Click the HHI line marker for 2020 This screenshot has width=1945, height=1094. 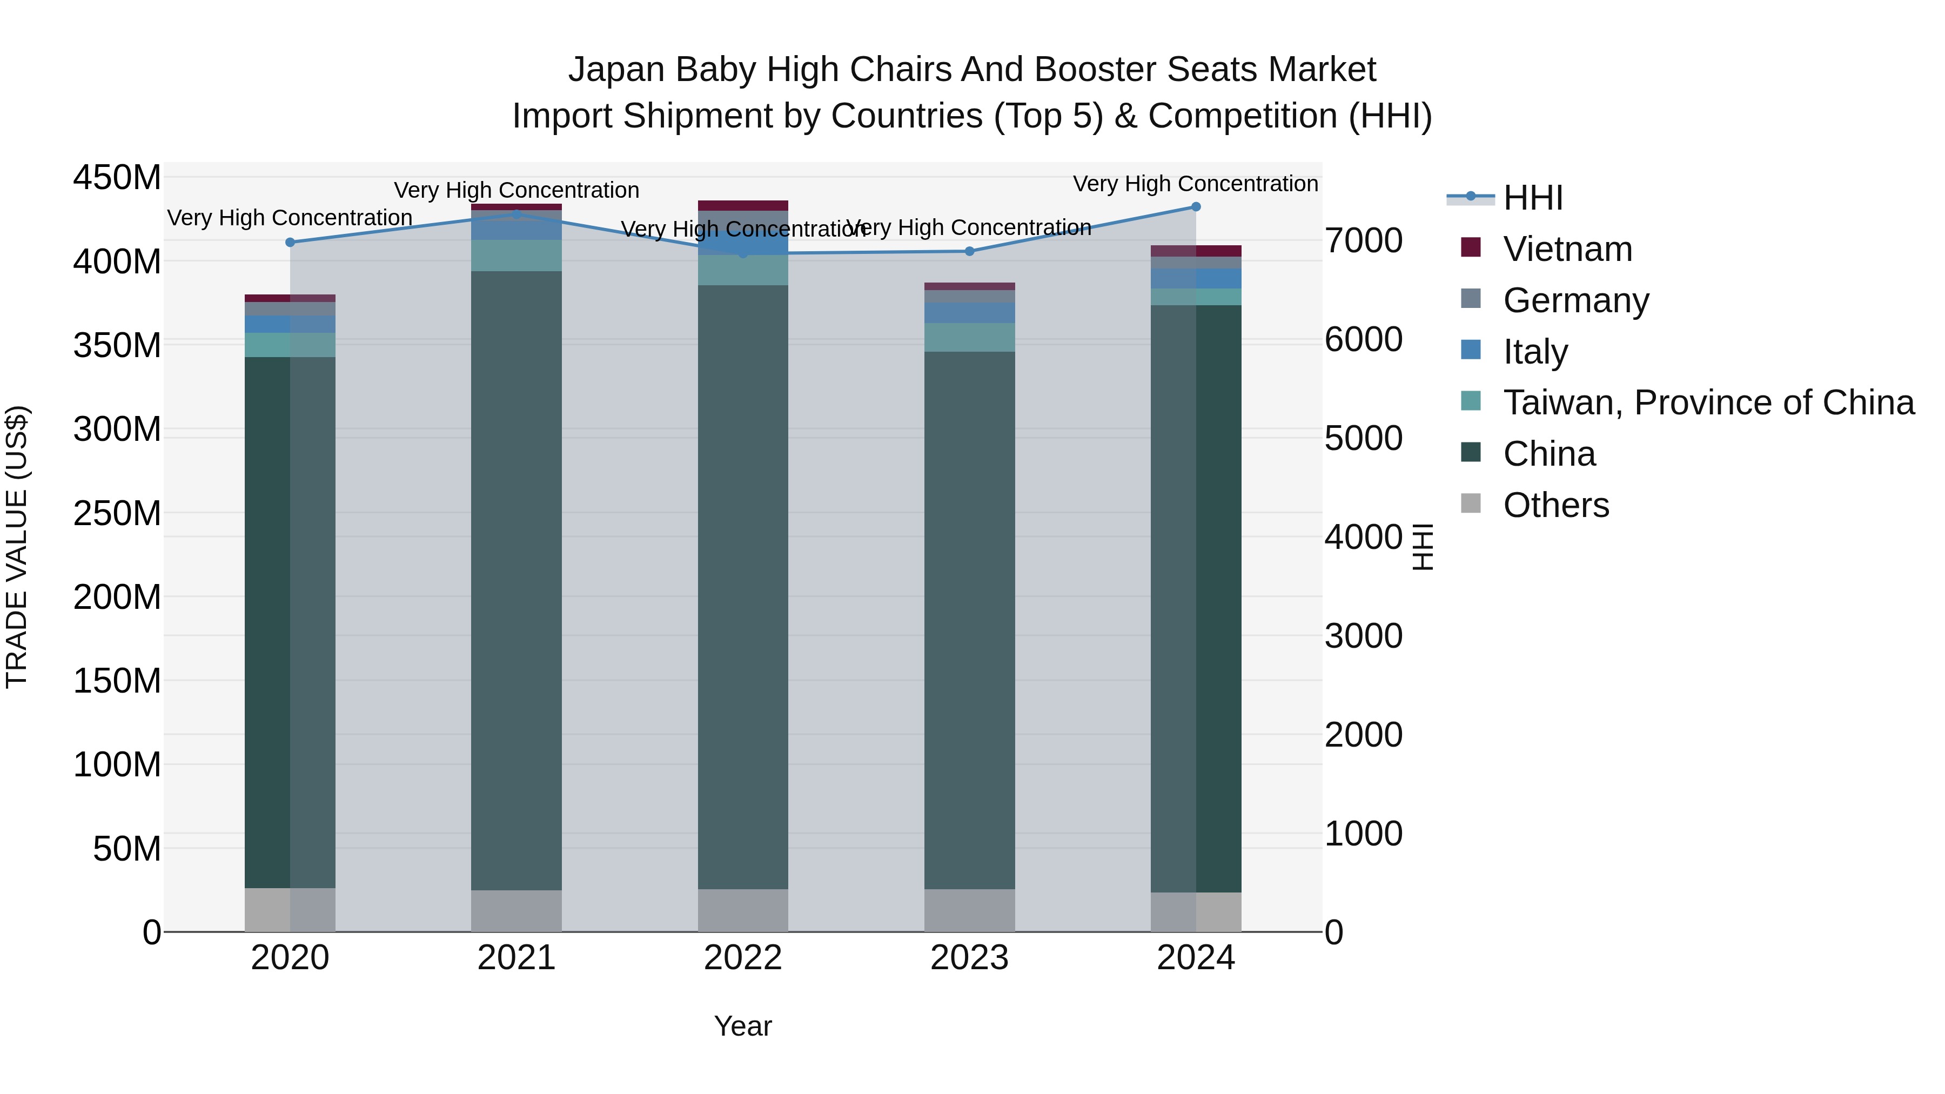tap(290, 243)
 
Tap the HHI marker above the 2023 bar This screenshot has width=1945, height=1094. tap(969, 251)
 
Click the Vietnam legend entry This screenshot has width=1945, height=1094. tap(1567, 249)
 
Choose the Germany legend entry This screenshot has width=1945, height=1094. tap(1575, 300)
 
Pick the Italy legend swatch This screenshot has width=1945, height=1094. tap(1471, 350)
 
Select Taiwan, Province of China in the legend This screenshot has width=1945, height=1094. tap(1708, 402)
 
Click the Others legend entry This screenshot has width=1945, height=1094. tap(1555, 505)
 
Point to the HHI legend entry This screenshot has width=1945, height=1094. tap(1532, 198)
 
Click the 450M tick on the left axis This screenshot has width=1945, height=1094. tap(117, 178)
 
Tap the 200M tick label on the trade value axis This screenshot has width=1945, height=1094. tap(117, 597)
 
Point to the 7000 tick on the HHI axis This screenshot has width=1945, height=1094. tap(1364, 241)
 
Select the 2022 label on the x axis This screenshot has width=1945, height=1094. tap(743, 958)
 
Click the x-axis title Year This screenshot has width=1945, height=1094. tap(743, 1026)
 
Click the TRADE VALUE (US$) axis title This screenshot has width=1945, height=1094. tap(17, 547)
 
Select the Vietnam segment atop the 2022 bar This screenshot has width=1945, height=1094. tap(743, 205)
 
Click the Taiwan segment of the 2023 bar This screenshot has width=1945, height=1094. tap(969, 338)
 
